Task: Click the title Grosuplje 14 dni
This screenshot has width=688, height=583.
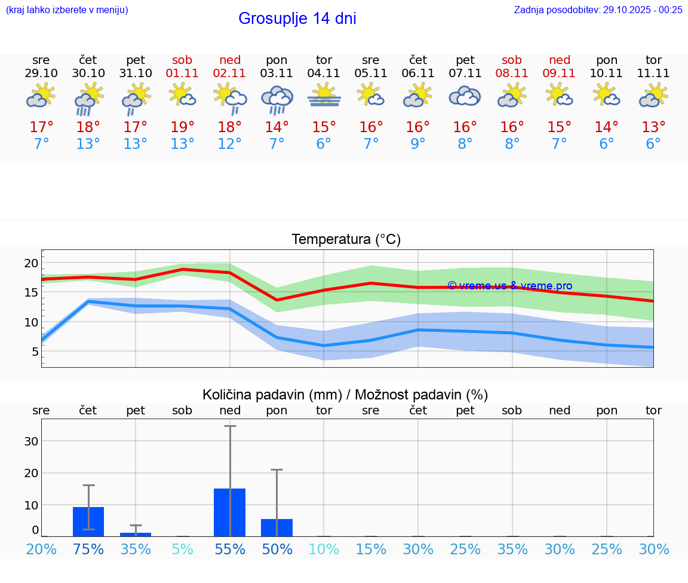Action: pos(297,19)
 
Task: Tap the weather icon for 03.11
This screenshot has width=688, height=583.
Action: pos(277,98)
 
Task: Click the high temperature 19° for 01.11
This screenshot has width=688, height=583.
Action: pos(182,127)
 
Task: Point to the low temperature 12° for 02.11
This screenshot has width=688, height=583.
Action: pos(229,144)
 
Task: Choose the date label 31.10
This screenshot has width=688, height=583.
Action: pos(136,73)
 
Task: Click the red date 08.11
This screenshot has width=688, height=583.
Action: pos(512,73)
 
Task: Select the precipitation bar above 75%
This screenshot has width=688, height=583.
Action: pos(88,521)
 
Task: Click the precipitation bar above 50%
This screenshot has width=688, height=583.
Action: pos(277,527)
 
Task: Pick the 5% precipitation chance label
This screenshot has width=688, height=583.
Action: pos(182,549)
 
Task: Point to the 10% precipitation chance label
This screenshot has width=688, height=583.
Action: pos(324,549)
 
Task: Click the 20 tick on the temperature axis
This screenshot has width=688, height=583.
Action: pos(32,263)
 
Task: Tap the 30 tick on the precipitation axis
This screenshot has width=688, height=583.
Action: pos(31,441)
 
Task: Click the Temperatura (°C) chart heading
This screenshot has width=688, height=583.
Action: pos(346,240)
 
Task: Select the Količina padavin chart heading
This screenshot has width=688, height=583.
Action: pos(345,395)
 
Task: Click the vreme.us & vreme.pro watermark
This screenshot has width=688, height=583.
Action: pos(509,286)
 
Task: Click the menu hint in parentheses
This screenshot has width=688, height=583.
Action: pos(67,10)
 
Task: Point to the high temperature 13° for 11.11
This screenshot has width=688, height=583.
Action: pos(653,127)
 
